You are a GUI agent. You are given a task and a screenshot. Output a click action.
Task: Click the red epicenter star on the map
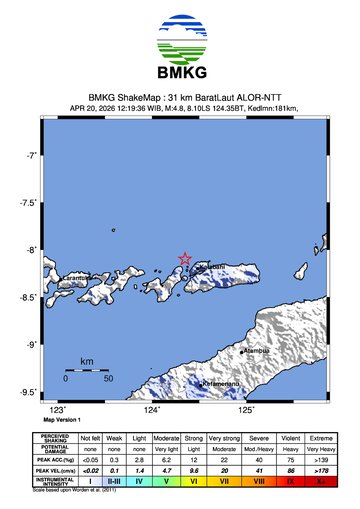[x=185, y=259]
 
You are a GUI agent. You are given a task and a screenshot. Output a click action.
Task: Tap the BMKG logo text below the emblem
[x=181, y=73]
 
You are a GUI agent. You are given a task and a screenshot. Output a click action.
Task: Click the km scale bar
[x=87, y=371]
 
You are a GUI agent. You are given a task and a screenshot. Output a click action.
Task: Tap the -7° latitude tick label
[x=32, y=156]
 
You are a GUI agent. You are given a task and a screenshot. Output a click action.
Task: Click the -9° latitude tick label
[x=32, y=344]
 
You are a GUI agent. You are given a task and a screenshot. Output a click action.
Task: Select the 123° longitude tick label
[x=58, y=410]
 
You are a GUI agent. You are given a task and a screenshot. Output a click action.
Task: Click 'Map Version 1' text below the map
[x=62, y=420]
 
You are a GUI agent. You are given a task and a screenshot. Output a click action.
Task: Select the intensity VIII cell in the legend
[x=260, y=481]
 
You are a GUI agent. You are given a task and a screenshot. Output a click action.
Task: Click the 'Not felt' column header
[x=91, y=438]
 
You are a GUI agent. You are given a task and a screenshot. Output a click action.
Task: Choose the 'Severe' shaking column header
[x=260, y=438]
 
